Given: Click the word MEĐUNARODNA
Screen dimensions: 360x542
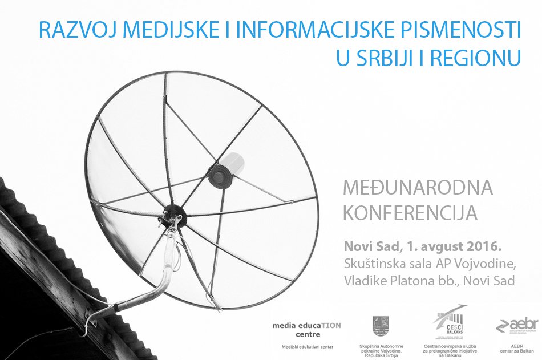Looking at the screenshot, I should [416, 187].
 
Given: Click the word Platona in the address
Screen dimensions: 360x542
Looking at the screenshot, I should [416, 280].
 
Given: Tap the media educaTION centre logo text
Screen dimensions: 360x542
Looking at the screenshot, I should [306, 329].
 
